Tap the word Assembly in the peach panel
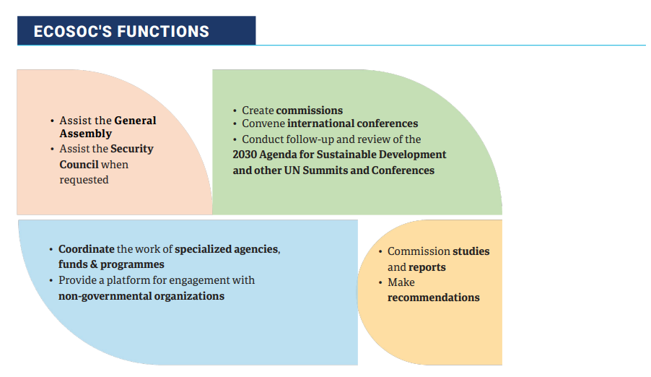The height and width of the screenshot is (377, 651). tap(85, 134)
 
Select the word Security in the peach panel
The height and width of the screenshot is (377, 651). tap(132, 149)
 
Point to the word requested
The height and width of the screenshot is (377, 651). tap(84, 179)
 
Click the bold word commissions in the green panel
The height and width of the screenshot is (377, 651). tap(310, 110)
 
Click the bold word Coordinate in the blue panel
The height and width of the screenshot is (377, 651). tap(86, 249)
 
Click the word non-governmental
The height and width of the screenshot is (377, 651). tap(103, 296)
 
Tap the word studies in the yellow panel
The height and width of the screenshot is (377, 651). tap(471, 251)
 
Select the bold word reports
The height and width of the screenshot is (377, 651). tap(427, 267)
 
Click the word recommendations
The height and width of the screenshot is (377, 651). tap(433, 298)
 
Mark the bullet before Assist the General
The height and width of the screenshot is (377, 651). tap(52, 121)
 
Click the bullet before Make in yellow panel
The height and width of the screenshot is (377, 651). tap(380, 282)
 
